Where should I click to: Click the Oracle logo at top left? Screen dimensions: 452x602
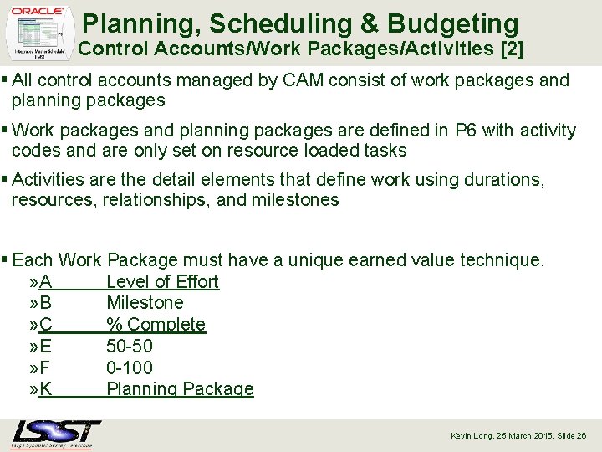tap(38, 11)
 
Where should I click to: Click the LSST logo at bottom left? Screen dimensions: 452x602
tap(56, 434)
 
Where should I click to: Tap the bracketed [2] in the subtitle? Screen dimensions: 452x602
tap(510, 49)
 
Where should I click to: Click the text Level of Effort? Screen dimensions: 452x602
tap(162, 282)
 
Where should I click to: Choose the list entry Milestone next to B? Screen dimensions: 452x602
tap(145, 303)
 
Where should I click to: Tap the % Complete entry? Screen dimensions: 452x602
tap(156, 325)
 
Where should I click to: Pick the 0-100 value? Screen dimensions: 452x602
tap(130, 367)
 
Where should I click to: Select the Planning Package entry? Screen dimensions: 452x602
tap(180, 389)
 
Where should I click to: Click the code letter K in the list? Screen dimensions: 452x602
tap(45, 389)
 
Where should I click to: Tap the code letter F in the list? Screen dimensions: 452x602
tap(45, 367)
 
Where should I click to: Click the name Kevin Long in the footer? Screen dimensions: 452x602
tap(471, 436)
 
